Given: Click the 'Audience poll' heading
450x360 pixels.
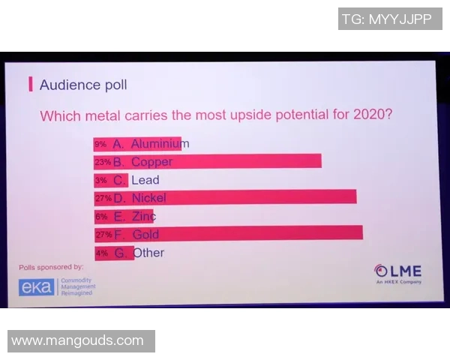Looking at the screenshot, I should point(82,85).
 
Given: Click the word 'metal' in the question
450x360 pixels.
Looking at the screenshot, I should point(102,116).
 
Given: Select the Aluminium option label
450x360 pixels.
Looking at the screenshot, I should point(160,143).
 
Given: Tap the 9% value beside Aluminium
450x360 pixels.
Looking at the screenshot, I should point(100,144).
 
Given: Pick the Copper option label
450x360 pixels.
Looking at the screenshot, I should point(151,161).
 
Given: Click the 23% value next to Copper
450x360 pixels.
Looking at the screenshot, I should point(102,162).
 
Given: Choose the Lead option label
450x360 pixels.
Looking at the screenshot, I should point(145,180).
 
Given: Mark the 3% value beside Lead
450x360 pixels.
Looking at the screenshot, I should point(100,180).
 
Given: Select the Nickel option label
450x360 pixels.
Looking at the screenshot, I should point(148,198).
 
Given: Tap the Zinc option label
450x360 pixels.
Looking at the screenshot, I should point(143,216).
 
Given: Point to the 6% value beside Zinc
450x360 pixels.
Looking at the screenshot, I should point(101,217).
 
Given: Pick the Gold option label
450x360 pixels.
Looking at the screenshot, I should point(145,234).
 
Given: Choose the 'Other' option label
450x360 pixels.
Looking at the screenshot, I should point(148,253).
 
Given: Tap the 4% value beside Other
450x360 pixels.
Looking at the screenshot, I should point(101,253).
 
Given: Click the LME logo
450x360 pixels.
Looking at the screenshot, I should point(398,272).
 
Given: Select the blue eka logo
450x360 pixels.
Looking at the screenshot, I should point(37,287).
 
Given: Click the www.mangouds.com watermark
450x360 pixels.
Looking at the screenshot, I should point(78,340).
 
